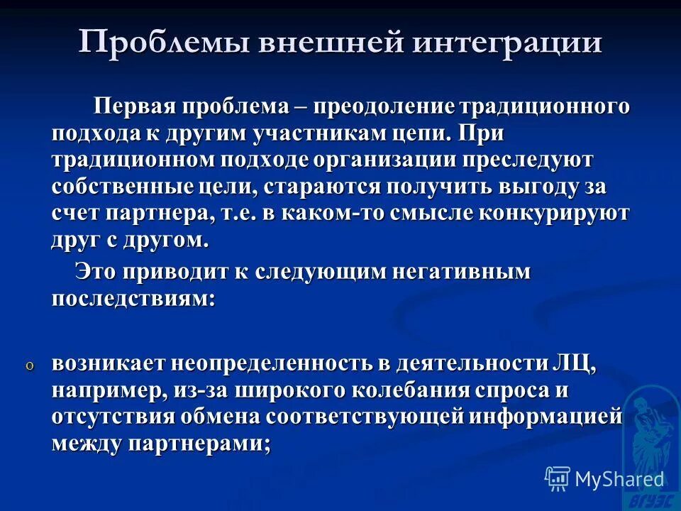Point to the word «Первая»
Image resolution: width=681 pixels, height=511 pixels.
click(x=137, y=107)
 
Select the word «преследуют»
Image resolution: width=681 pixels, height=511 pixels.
click(x=537, y=160)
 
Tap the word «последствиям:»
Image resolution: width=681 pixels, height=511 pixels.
click(x=133, y=298)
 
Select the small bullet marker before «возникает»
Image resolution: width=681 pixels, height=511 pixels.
click(x=30, y=366)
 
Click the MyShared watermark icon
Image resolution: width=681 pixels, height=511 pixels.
click(x=558, y=479)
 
